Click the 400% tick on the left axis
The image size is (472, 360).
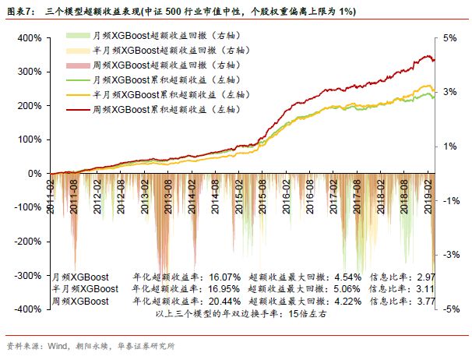point(30,38)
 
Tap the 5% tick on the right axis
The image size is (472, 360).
point(449,38)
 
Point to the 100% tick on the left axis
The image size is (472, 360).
point(30,140)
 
